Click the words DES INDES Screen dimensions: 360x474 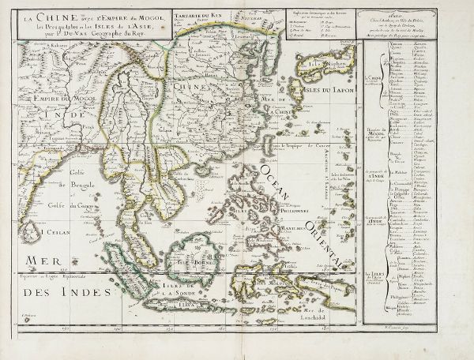[x=55, y=291]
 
